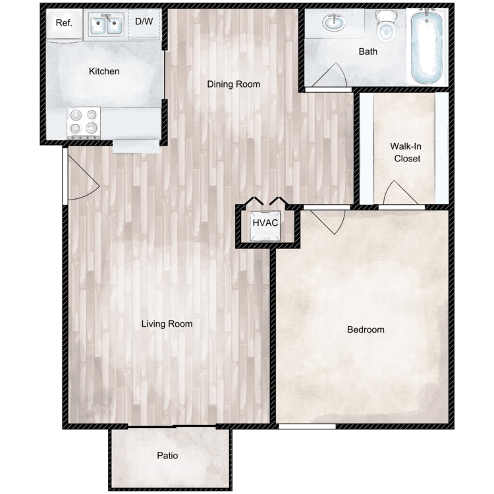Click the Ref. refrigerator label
point(64,22)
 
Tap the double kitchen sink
point(106,25)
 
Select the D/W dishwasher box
point(145,24)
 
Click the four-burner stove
point(84,123)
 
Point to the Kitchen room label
point(104,71)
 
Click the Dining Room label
point(233,84)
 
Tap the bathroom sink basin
point(334,22)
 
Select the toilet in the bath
point(385,26)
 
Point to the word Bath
point(368,51)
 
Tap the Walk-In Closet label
point(406,152)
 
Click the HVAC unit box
point(265,225)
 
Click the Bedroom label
point(366,329)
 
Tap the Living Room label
point(167,324)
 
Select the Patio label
point(167,456)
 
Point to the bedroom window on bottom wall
point(307,427)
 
